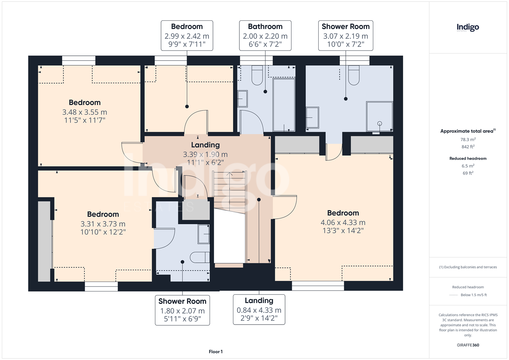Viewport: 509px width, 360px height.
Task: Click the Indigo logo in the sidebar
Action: tap(468, 28)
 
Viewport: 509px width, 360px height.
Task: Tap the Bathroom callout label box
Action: tap(265, 35)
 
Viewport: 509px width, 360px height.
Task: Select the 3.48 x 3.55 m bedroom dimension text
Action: tap(84, 112)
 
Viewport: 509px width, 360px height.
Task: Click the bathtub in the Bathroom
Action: tap(284, 105)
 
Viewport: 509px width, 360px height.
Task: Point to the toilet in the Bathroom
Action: tap(257, 75)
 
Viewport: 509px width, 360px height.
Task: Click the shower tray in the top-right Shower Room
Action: tap(379, 116)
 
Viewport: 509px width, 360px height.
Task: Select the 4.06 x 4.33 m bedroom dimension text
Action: tap(343, 222)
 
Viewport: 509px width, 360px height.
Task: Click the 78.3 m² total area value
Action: tap(468, 139)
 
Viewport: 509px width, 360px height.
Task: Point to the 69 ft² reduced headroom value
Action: tap(468, 173)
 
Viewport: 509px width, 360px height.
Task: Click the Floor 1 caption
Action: tap(216, 352)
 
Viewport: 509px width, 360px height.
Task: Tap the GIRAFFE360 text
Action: tap(468, 345)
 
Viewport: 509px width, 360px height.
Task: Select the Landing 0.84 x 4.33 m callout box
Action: tap(259, 309)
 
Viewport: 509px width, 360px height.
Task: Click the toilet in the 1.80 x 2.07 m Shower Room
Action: tap(200, 257)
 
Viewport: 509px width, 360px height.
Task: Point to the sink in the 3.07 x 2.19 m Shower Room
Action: tap(313, 118)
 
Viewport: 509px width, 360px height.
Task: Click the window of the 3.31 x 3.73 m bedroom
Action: tap(101, 286)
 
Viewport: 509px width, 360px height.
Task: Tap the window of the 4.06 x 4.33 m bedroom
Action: tap(318, 286)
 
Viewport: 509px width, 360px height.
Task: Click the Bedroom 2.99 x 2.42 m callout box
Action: tap(187, 35)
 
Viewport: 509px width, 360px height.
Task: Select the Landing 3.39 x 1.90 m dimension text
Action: tap(205, 155)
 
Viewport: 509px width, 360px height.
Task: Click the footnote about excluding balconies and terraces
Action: tap(468, 267)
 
